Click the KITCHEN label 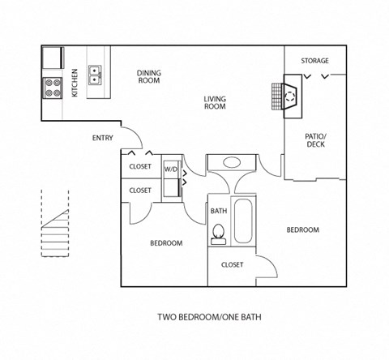(75, 82)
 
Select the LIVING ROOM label (214, 103)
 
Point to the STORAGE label (314, 61)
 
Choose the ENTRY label (102, 138)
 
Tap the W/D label (170, 169)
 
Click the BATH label (218, 211)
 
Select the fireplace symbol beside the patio (290, 97)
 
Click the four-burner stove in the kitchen (53, 87)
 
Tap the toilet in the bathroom (217, 234)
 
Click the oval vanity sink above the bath (232, 162)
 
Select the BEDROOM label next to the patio (302, 230)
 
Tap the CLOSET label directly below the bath (233, 264)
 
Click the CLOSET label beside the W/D (140, 167)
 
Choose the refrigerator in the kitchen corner (53, 58)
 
